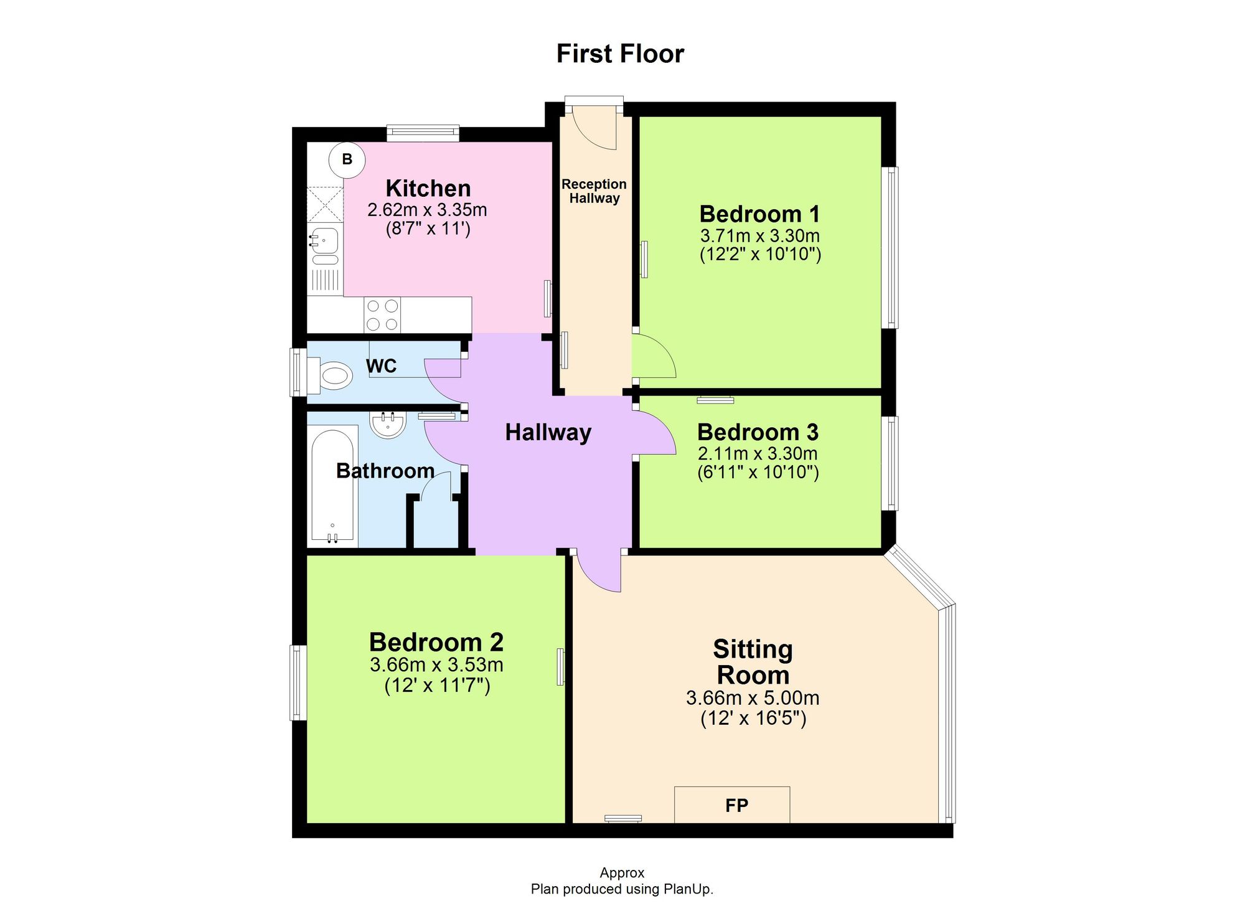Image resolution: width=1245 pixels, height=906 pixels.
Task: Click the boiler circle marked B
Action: tap(347, 159)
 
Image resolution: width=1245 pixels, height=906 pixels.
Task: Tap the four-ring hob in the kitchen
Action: tap(382, 315)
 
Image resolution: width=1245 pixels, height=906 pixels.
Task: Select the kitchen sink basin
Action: tap(325, 240)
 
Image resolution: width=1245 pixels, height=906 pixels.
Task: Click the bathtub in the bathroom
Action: tap(333, 486)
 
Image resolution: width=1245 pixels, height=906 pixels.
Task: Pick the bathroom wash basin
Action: tap(388, 425)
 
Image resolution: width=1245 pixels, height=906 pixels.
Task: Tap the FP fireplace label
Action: tap(736, 806)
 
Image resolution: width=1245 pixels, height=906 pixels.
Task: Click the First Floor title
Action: tap(620, 54)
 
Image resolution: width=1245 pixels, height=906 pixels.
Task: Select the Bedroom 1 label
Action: tap(759, 214)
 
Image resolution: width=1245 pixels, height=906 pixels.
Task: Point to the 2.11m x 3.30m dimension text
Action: tap(758, 453)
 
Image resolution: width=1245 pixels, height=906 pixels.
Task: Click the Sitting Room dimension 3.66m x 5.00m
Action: tap(753, 698)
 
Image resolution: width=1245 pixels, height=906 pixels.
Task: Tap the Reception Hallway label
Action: tap(594, 191)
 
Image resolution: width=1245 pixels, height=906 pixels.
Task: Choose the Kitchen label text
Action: tap(428, 188)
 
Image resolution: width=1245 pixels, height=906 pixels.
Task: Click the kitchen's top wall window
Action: tap(423, 132)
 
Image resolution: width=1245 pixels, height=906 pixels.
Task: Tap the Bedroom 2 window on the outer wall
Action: tap(298, 682)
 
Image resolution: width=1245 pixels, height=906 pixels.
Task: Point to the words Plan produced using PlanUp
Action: tap(621, 889)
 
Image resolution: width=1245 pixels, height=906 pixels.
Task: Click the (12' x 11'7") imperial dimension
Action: tap(437, 686)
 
